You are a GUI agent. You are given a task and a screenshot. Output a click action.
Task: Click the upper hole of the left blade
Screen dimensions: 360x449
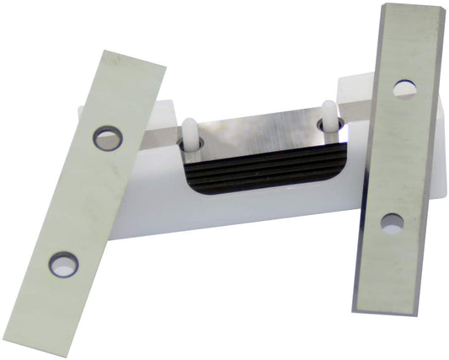click(x=107, y=138)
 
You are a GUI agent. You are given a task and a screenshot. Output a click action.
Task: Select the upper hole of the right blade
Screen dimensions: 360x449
click(x=404, y=89)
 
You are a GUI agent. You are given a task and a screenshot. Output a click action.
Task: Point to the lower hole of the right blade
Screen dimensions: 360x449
click(x=391, y=223)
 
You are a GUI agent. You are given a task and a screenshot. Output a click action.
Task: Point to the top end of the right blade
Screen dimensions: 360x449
click(x=413, y=12)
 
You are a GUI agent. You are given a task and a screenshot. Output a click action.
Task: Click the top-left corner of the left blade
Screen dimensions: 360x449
click(x=104, y=51)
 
